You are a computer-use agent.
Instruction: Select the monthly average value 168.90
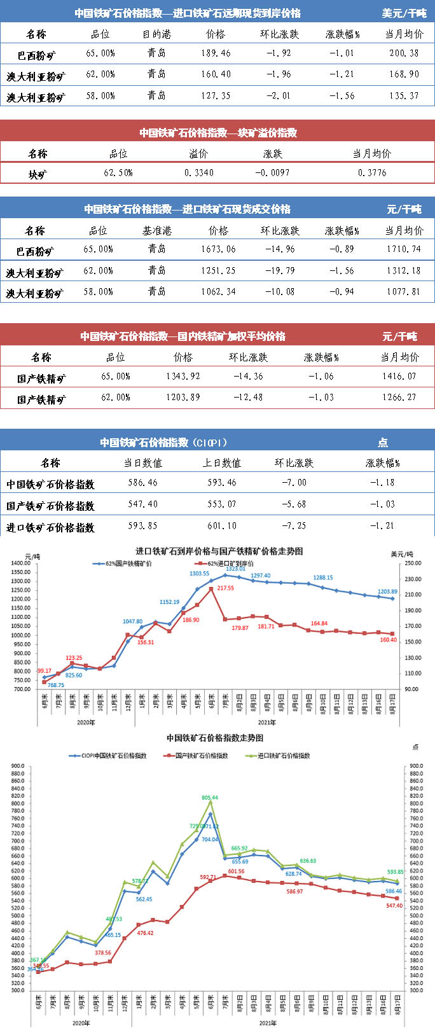point(404,74)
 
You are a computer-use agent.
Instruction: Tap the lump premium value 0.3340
point(199,172)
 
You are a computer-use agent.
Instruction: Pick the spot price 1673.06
point(218,249)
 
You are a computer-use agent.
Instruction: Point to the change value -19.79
point(280,270)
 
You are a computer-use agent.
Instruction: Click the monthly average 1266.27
point(399,397)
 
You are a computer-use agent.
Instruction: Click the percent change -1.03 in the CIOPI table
point(382,504)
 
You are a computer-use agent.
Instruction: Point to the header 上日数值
point(222,463)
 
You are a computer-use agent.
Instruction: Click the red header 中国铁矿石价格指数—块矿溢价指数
point(218,132)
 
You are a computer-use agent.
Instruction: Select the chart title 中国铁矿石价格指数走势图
point(215,738)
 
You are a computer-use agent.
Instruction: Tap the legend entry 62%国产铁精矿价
point(127,564)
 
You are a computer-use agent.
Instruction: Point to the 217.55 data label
point(225,588)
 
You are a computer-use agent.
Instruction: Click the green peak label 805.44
point(210,797)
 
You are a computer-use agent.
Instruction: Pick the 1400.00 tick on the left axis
point(21,563)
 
